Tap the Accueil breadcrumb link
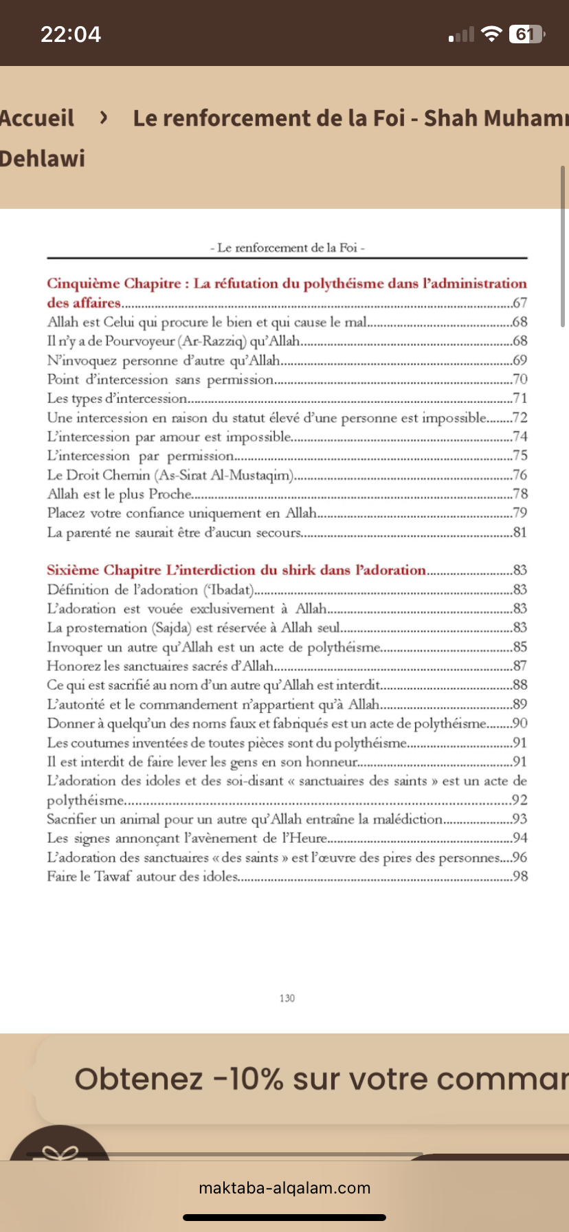37,118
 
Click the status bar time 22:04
71,34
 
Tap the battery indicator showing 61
525,34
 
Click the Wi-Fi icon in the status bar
491,34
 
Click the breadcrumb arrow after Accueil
104,118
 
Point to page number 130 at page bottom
287,998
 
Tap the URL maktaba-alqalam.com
284,1187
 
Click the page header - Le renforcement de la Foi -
287,247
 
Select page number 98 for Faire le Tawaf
520,877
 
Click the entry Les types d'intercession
117,398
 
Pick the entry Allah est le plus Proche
120,494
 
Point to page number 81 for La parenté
520,532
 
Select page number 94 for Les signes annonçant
520,838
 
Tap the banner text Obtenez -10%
179,1079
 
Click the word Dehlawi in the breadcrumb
43,159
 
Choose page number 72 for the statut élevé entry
520,417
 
